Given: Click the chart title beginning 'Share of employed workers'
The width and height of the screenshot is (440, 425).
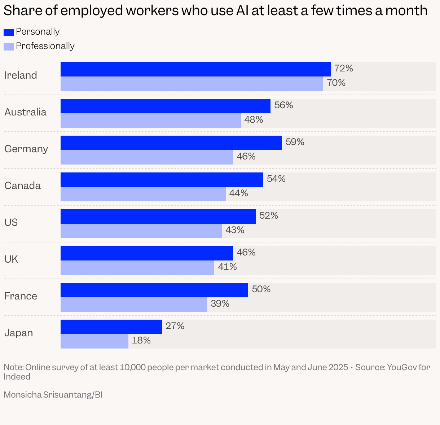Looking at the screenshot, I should point(215,11).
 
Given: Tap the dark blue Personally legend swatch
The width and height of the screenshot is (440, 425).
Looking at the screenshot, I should point(9,32).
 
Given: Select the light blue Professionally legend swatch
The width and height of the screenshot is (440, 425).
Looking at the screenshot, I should point(9,47).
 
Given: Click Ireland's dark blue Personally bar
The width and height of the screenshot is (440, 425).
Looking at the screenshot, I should point(195,69).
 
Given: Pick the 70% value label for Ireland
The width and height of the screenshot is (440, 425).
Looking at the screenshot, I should point(336,83).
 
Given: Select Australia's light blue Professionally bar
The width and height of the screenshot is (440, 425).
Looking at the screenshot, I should point(150,120).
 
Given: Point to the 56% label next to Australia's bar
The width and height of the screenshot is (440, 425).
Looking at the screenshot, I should point(283,105).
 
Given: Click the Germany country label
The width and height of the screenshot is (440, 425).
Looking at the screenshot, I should point(26,149).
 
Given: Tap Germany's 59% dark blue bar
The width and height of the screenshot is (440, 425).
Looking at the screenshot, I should point(171,143).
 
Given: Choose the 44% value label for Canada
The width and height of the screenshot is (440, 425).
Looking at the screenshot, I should point(238,193).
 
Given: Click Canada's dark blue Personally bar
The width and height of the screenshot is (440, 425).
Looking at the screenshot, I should point(162,180).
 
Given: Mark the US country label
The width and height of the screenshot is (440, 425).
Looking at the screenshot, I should point(11,222).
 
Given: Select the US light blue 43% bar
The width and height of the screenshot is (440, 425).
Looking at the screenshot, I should point(141,231).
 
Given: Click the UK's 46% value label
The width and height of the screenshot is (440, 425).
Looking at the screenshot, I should point(246,253).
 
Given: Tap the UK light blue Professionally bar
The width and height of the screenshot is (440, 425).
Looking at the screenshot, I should point(137,268).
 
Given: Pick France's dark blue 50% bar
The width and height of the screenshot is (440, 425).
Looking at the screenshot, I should point(154,290).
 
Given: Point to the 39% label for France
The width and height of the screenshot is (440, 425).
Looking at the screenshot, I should point(220,304).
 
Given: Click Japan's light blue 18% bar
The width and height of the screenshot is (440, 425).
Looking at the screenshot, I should point(94,341).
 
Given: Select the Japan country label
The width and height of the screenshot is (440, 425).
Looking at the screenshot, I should point(18,333).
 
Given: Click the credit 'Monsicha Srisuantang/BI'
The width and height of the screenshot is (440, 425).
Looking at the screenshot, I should point(53,395).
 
